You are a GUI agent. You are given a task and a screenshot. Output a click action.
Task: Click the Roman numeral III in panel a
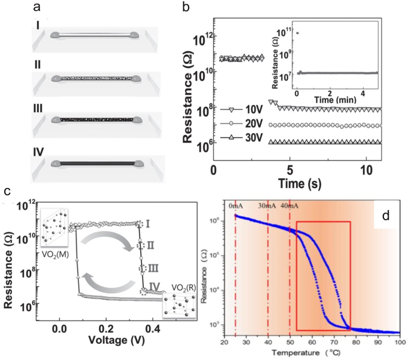[41, 109]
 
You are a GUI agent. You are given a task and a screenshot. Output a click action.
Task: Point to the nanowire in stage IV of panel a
[96, 162]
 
